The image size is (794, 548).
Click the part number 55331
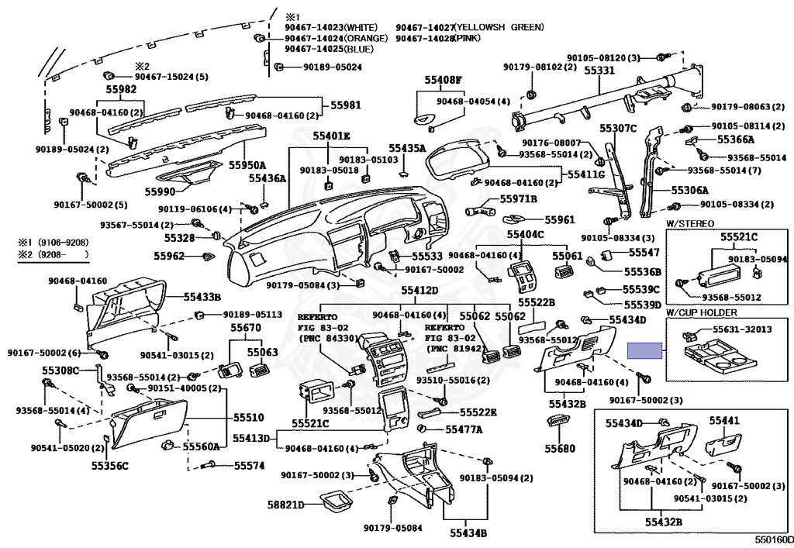(599, 70)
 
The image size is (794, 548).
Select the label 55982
(116, 90)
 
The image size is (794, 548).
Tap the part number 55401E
(332, 136)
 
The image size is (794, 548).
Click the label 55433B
(202, 296)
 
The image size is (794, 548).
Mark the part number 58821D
(285, 505)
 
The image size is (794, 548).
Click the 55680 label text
(560, 448)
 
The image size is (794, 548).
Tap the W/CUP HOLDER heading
(701, 312)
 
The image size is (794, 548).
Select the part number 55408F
(443, 80)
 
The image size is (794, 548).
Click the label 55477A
(464, 429)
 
